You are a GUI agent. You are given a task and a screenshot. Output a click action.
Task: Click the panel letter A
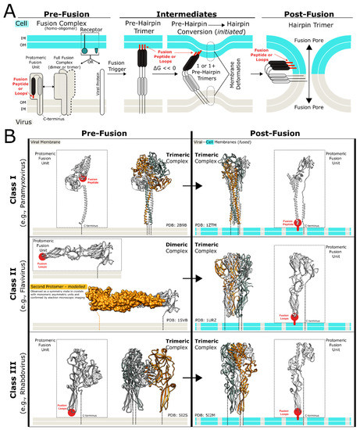coord(9,9)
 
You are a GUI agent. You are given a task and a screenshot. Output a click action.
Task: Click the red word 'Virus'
coord(12,121)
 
